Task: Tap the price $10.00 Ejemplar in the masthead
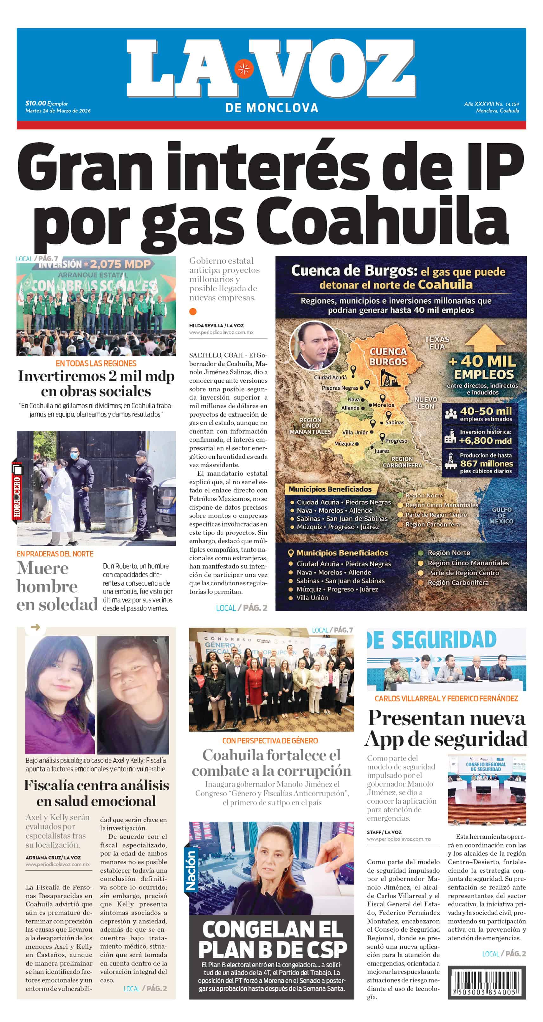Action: click(x=47, y=103)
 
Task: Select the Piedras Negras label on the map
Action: click(x=340, y=388)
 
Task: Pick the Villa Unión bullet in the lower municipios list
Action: click(x=312, y=597)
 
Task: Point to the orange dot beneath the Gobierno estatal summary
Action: click(x=193, y=312)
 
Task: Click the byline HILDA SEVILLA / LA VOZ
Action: click(x=216, y=325)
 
